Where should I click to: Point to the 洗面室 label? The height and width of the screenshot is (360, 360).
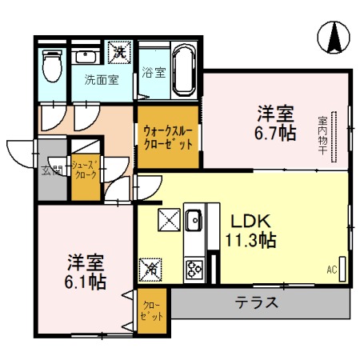(102, 80)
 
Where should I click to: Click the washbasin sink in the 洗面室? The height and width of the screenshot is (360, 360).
(85, 58)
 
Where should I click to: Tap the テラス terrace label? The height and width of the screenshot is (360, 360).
(257, 303)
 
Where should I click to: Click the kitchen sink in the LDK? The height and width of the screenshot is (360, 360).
(194, 217)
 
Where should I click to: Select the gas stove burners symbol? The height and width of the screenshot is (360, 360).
(194, 266)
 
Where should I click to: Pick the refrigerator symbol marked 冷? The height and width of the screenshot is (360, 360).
(149, 269)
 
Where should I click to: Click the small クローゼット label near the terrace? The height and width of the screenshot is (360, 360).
(151, 310)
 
